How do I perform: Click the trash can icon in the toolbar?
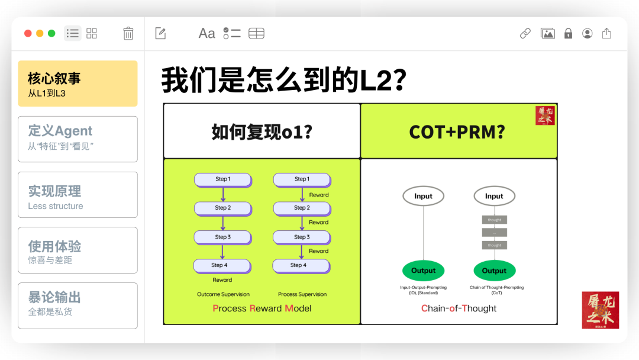(x=128, y=34)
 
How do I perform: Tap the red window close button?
(x=28, y=34)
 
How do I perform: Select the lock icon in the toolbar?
(x=568, y=34)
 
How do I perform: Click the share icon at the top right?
(x=606, y=34)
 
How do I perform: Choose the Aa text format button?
(x=206, y=34)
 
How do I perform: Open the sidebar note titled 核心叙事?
(x=78, y=83)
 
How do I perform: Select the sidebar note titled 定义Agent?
(x=78, y=139)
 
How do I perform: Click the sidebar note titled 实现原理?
(x=78, y=194)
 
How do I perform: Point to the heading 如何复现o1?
(x=262, y=131)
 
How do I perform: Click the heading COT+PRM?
(x=457, y=131)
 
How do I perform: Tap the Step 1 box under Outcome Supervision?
(x=222, y=179)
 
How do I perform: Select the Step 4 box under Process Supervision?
(x=301, y=265)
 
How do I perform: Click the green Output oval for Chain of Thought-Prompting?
(x=494, y=271)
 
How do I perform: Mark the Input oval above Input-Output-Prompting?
(x=423, y=196)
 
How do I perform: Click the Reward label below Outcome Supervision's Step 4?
(x=222, y=280)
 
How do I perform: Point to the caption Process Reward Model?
(x=262, y=308)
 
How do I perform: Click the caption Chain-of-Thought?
(x=459, y=308)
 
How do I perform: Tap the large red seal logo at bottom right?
(x=600, y=310)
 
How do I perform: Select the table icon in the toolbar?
(x=256, y=34)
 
